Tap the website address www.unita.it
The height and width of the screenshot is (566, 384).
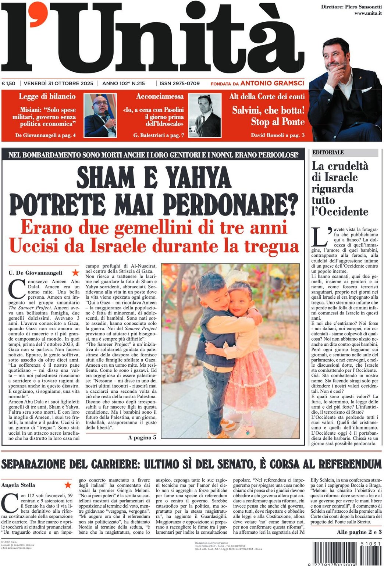pyautogui.click(x=367, y=13)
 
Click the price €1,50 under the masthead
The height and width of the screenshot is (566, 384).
pyautogui.click(x=8, y=83)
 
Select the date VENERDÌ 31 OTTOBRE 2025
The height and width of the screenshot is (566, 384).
pyautogui.click(x=58, y=83)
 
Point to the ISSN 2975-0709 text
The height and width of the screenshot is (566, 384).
pyautogui.click(x=179, y=83)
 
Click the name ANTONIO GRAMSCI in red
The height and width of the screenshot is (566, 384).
pyautogui.click(x=272, y=83)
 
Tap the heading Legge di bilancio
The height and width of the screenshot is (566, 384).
pyautogui.click(x=47, y=96)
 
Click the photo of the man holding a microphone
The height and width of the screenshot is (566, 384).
pyautogui.click(x=100, y=115)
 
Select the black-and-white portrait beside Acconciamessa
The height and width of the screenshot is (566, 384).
pyautogui.click(x=204, y=115)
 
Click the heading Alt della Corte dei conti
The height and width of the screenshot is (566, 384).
pyautogui.click(x=267, y=96)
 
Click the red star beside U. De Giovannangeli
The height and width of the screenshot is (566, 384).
pyautogui.click(x=75, y=273)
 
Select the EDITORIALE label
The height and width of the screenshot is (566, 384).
pyautogui.click(x=328, y=152)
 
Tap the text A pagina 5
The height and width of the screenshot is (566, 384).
pyautogui.click(x=142, y=437)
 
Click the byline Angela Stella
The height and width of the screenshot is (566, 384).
pyautogui.click(x=18, y=485)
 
